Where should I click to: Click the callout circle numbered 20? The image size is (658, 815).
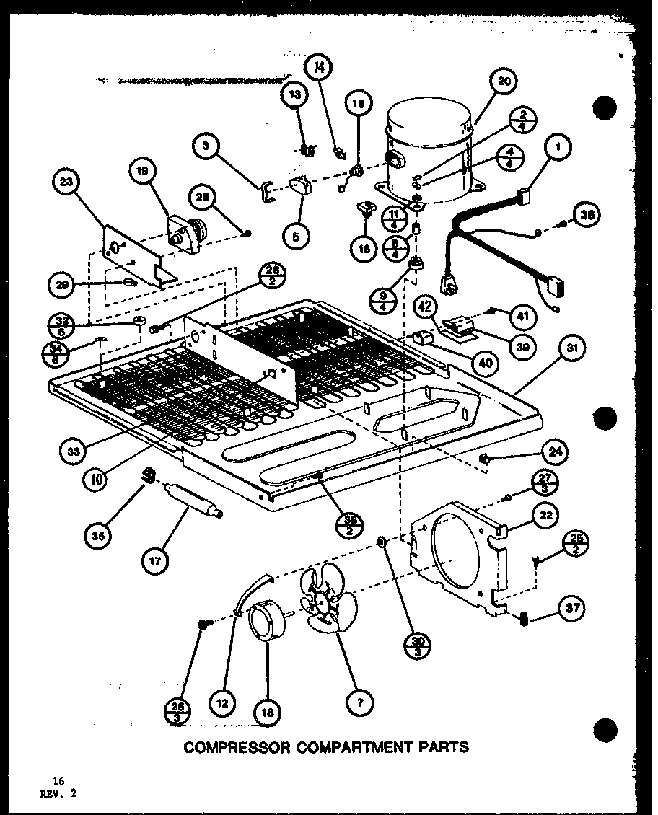[504, 81]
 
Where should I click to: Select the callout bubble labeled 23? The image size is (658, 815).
[67, 183]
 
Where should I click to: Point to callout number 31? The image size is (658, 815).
[571, 349]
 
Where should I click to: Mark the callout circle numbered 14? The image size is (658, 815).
[320, 69]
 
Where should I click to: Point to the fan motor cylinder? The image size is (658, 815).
[263, 621]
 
